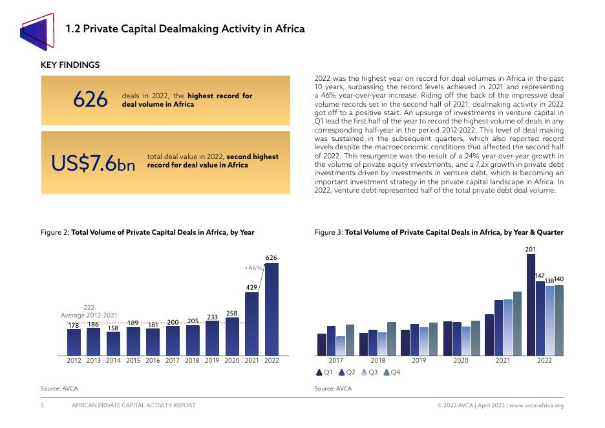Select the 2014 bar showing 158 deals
113,343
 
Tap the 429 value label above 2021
251,286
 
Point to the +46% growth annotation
253,268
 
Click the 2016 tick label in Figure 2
153,361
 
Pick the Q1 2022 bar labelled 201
531,305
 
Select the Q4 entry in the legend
392,372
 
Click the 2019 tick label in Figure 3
419,361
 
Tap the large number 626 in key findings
90,100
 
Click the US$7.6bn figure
93,164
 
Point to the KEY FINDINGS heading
70,65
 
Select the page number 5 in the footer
42,405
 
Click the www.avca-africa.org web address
536,405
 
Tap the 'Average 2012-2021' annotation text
89,315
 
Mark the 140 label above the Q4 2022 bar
559,279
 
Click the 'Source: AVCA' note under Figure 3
333,389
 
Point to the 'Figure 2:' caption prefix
54,232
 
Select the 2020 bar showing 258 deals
232,336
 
